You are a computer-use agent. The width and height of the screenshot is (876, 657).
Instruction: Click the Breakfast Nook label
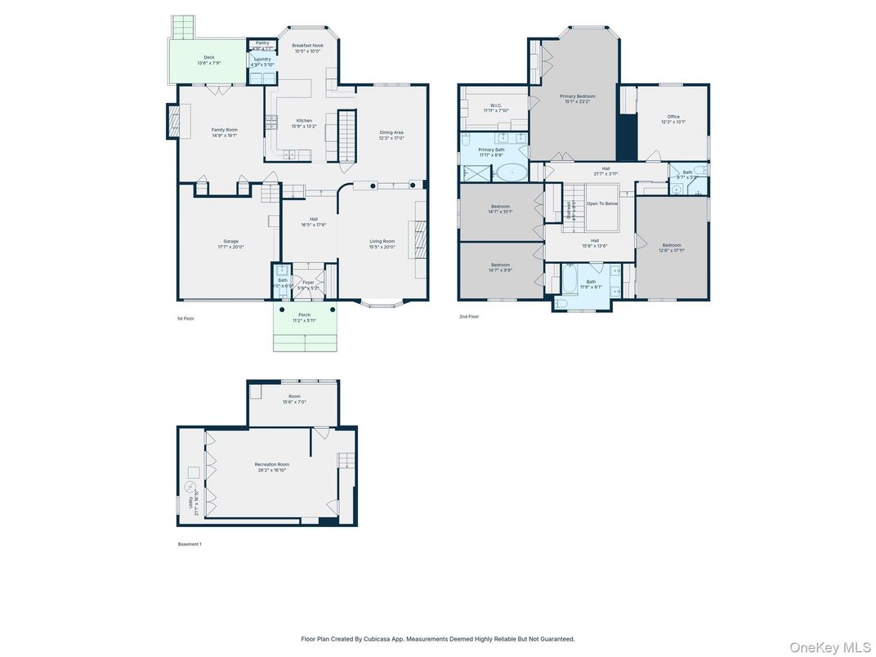click(x=308, y=46)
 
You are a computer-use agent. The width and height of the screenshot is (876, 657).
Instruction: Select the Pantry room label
click(x=262, y=42)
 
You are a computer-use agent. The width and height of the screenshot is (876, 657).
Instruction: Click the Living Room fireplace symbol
click(x=418, y=240)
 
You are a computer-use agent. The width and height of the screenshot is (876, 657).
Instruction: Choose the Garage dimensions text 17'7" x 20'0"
click(x=231, y=247)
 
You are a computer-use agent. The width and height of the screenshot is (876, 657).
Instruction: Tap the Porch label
click(x=304, y=315)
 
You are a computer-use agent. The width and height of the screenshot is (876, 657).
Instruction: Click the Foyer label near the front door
click(x=308, y=283)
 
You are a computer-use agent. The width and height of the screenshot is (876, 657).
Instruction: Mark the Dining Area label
click(x=391, y=132)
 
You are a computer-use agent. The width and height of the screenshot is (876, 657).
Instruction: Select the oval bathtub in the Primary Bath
click(x=512, y=172)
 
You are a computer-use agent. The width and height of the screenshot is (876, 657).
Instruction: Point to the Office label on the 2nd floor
click(x=673, y=117)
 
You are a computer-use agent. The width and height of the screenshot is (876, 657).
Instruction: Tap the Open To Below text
click(x=602, y=203)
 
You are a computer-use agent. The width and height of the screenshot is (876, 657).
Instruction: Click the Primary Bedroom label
click(x=577, y=96)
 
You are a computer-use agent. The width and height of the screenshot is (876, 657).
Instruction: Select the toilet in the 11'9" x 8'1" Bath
click(x=561, y=304)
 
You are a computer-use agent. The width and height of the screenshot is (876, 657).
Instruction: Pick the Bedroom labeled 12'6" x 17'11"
click(x=672, y=245)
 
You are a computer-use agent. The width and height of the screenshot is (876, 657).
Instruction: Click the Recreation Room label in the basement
click(x=271, y=464)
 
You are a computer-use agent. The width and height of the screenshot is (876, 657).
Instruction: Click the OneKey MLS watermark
click(x=829, y=647)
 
